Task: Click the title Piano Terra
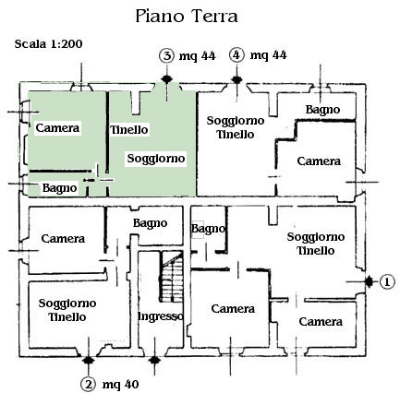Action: click(187, 17)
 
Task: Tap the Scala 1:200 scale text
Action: click(48, 44)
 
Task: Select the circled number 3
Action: click(167, 56)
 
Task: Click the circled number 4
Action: click(236, 55)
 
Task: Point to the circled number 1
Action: click(387, 281)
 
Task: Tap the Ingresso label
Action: click(161, 316)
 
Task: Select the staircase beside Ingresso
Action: click(171, 276)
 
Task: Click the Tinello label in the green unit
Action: click(129, 130)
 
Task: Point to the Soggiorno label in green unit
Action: click(156, 159)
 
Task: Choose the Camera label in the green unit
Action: click(57, 127)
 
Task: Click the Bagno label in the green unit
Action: click(59, 188)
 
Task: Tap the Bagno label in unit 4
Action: click(322, 110)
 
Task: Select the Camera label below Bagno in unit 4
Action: click(319, 161)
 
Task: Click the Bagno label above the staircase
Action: click(150, 223)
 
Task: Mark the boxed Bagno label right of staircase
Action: click(208, 229)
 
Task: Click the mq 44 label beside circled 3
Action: click(198, 56)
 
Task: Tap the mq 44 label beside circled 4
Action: click(268, 55)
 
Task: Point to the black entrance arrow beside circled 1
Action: click(370, 281)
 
